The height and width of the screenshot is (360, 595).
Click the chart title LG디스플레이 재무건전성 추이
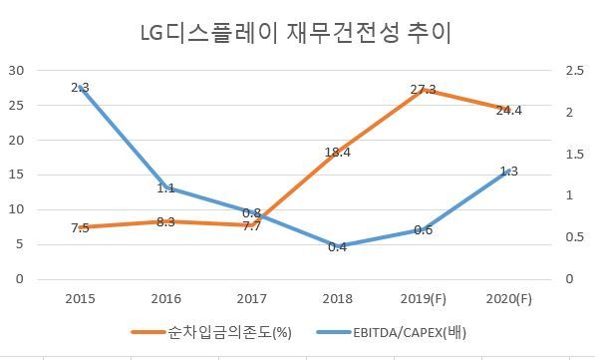296,34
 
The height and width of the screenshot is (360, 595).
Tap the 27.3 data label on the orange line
424,90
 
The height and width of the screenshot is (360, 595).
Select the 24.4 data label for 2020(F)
509,111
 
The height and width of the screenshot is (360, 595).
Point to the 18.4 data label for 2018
337,153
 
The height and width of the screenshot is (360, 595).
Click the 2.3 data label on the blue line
80,88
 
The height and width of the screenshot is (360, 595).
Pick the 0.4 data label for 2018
337,247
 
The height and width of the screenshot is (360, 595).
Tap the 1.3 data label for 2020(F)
509,172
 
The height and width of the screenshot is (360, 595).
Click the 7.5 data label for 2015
80,228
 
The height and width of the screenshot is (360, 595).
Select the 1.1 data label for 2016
165,187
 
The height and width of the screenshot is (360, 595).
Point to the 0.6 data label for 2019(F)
424,229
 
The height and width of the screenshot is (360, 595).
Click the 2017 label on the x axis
251,299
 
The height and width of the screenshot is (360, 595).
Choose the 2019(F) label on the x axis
424,299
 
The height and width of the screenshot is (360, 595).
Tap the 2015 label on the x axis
80,299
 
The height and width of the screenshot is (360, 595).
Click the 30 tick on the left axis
16,70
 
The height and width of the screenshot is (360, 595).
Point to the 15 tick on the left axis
16,175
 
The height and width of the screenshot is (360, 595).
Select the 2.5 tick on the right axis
574,70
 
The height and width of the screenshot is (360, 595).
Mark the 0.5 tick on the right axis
574,237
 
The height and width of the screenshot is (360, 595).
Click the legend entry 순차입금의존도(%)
211,333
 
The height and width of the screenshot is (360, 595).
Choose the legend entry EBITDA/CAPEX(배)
391,333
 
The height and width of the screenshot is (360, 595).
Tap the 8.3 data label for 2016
165,222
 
